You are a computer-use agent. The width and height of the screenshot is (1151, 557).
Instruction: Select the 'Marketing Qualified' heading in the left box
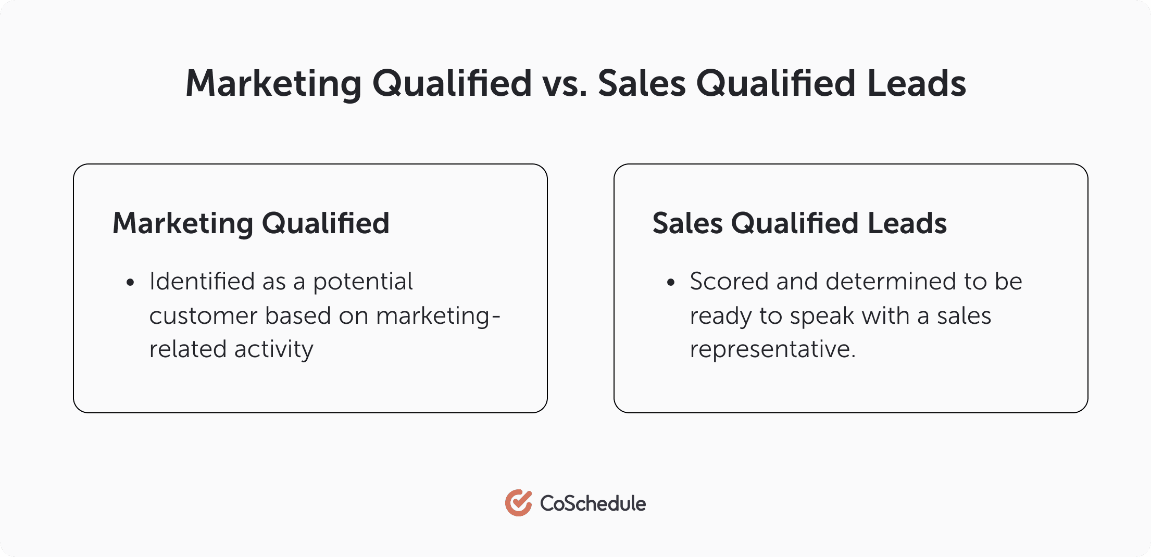[251, 223]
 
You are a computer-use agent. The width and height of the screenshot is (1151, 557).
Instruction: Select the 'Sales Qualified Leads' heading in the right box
[799, 223]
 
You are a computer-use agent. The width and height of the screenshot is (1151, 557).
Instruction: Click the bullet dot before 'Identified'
[130, 283]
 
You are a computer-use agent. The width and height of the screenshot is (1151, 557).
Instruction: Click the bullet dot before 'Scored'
[671, 283]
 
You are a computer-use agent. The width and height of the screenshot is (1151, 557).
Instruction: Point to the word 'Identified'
[202, 282]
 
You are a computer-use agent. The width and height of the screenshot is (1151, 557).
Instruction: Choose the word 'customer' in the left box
[203, 316]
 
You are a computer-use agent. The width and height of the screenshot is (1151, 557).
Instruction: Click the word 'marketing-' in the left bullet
[438, 316]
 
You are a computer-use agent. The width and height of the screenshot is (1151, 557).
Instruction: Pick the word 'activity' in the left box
[274, 349]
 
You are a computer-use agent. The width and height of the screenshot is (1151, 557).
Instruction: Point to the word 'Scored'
[729, 282]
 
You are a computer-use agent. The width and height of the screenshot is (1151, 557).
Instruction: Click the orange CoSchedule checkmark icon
[518, 503]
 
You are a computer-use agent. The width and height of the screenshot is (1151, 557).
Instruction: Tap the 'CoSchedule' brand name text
[593, 503]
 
